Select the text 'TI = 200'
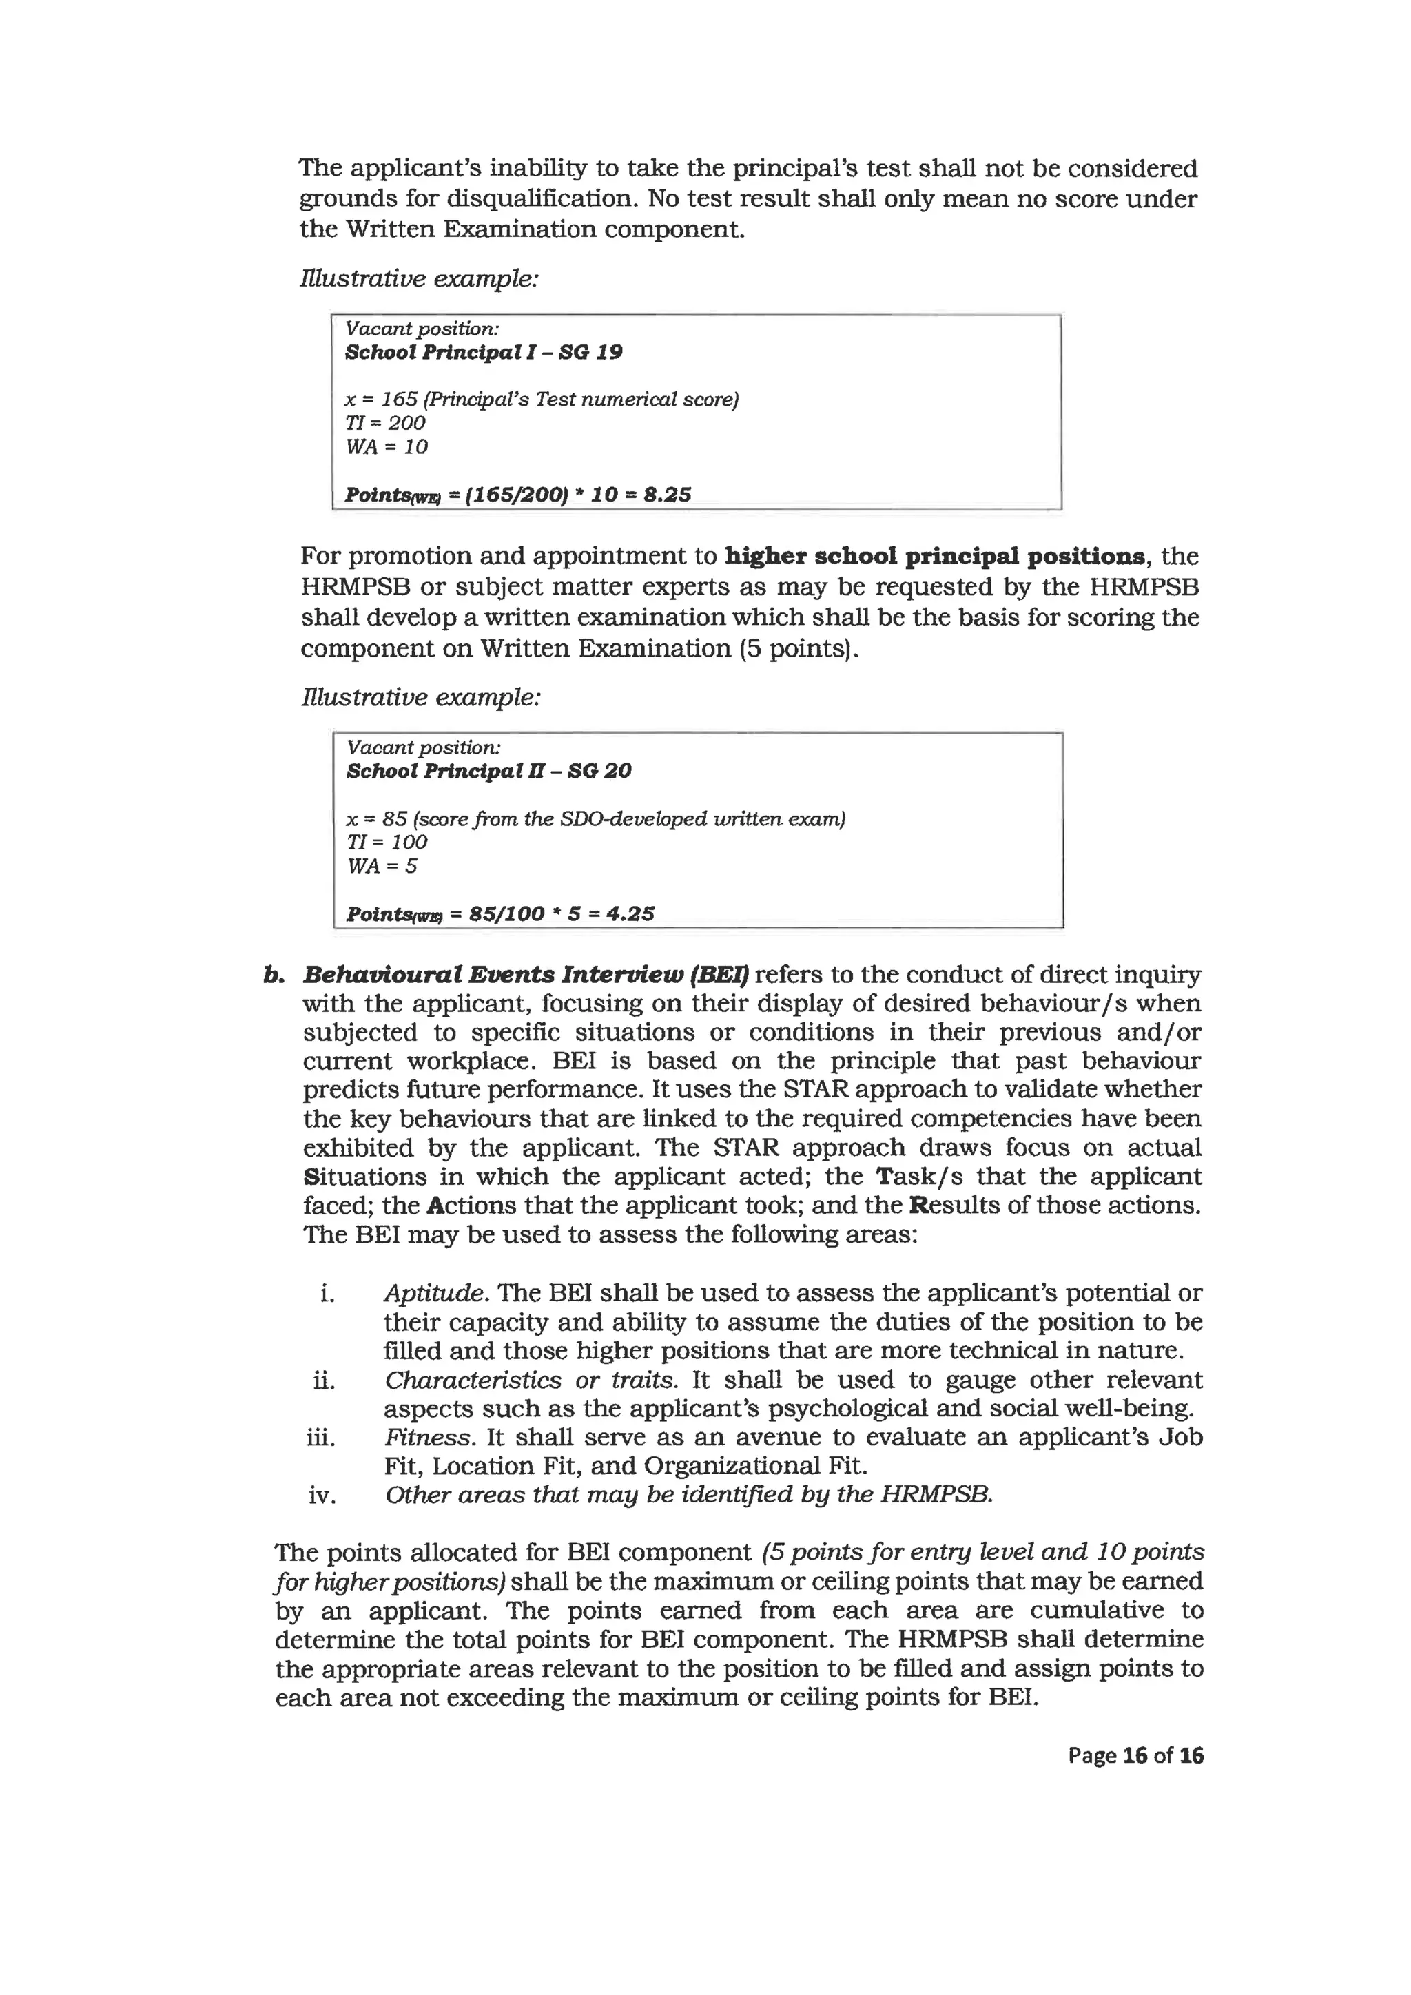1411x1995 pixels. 385,423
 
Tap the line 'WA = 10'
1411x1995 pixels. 386,446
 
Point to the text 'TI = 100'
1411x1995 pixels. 387,842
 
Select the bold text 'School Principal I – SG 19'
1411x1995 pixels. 483,352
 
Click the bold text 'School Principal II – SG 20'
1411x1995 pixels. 488,771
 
